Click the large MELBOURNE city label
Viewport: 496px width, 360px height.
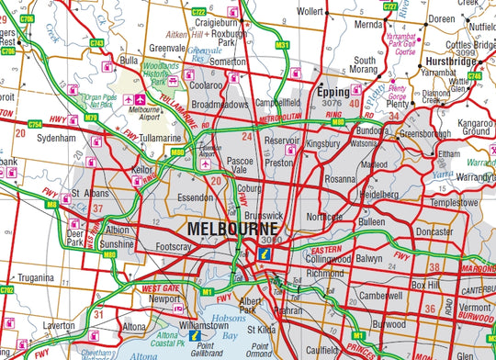pyautogui.click(x=235, y=227)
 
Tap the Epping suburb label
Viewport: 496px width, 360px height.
pyautogui.click(x=333, y=94)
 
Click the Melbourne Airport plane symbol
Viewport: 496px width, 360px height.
pyautogui.click(x=140, y=99)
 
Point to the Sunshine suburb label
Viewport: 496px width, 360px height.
pyautogui.click(x=118, y=247)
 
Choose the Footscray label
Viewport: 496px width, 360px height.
pyautogui.click(x=175, y=247)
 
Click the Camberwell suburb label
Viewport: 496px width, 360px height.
pyautogui.click(x=381, y=296)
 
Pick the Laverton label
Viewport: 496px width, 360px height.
pyautogui.click(x=58, y=324)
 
